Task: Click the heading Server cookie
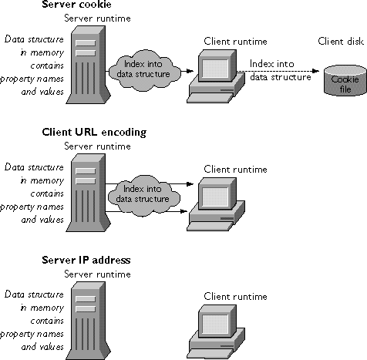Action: tap(76, 5)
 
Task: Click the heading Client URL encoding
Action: tap(94, 133)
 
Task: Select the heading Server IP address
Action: tap(86, 260)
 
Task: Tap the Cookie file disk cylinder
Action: tap(345, 80)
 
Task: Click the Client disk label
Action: tap(341, 42)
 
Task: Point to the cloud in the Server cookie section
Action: tap(144, 69)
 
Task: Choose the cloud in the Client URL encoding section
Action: tap(143, 195)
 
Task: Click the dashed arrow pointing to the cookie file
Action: tap(278, 71)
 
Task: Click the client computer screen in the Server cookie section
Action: tap(215, 68)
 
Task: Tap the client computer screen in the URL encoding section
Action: tap(215, 196)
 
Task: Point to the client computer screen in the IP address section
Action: tap(215, 323)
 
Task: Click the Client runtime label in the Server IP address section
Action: tap(235, 297)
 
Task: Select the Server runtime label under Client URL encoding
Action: tap(97, 146)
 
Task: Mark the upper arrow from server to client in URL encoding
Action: tap(149, 183)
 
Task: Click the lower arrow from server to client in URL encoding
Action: tap(146, 211)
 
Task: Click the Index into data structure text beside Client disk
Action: tap(281, 70)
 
